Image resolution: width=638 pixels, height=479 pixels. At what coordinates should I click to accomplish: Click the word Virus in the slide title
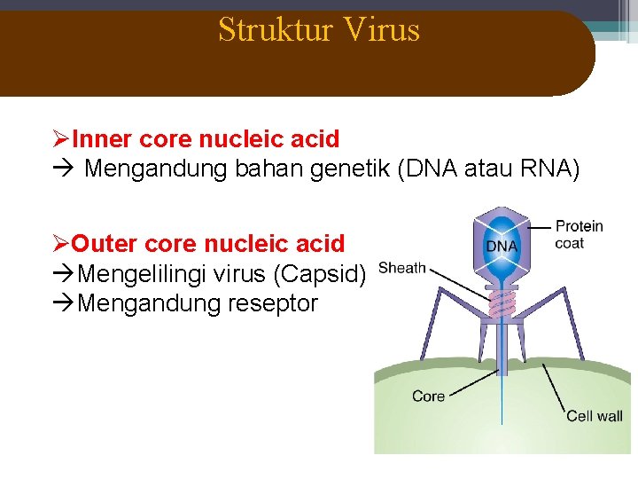(x=383, y=30)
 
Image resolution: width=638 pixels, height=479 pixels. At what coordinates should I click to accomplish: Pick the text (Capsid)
(x=321, y=274)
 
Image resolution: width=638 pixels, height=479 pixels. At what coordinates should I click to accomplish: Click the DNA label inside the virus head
(x=502, y=246)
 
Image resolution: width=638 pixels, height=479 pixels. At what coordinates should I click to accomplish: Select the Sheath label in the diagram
(x=402, y=268)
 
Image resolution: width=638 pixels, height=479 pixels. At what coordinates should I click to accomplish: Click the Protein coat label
(x=578, y=234)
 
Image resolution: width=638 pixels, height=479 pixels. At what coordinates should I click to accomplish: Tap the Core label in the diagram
(x=428, y=396)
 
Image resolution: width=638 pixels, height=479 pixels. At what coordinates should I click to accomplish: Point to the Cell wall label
(x=594, y=415)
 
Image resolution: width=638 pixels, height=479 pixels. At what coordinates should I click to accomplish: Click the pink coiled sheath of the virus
(x=502, y=303)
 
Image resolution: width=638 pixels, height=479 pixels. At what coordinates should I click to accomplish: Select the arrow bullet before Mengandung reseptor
(x=64, y=304)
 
